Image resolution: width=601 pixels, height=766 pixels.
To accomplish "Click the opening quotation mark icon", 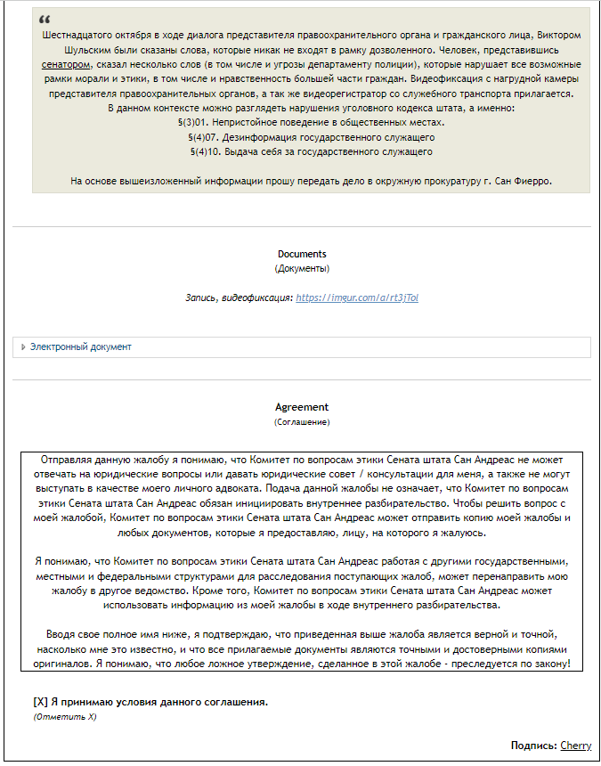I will click(x=45, y=20).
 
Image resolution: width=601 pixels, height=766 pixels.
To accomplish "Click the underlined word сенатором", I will click(x=66, y=65).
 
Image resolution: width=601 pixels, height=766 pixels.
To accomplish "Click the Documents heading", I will click(x=302, y=254).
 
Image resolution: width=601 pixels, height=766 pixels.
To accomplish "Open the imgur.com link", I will click(x=357, y=297).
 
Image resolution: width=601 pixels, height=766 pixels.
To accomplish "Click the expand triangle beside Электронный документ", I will click(x=23, y=346).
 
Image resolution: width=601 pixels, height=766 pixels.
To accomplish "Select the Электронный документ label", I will click(x=80, y=346).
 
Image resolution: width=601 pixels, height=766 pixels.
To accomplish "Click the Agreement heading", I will click(x=302, y=407).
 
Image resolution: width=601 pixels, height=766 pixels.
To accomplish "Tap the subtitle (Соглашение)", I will click(x=302, y=421).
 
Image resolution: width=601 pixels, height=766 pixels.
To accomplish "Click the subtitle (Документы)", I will click(x=302, y=268).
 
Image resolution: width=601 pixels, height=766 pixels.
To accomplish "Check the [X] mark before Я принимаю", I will click(x=40, y=702).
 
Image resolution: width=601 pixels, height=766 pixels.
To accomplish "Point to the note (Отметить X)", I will click(x=64, y=716).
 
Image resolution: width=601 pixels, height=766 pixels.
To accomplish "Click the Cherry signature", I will click(x=575, y=746).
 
